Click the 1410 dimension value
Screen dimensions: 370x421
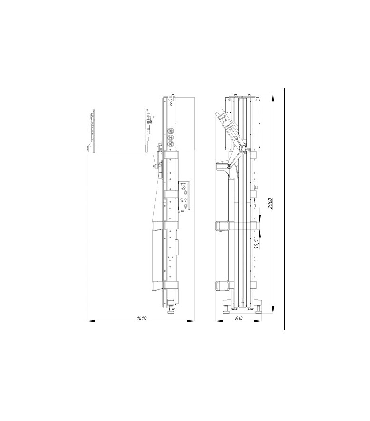tap(141, 319)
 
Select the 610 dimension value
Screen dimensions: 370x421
tap(239, 319)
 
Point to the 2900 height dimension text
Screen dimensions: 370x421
tap(271, 203)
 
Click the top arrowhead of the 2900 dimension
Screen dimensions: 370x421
tap(273, 98)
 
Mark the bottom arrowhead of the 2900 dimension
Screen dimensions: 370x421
tap(273, 310)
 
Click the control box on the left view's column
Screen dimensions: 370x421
tap(185, 195)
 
